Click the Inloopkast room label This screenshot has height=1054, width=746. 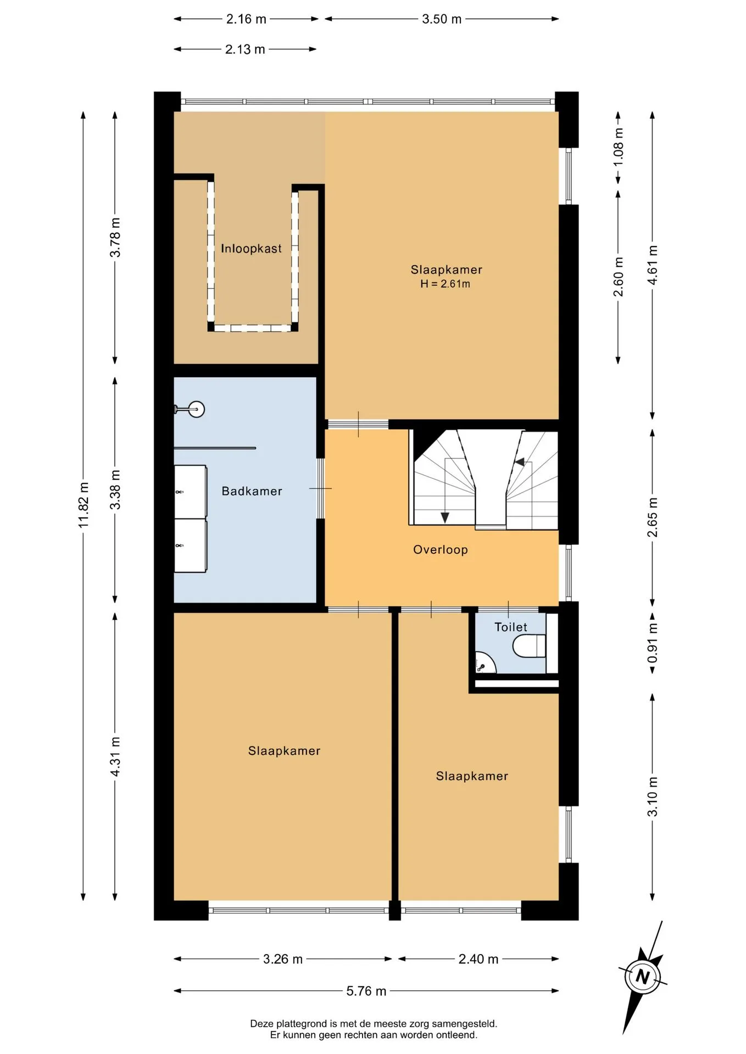(x=251, y=249)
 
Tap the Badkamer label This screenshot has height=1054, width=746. (x=252, y=491)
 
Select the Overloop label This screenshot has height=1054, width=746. (x=441, y=550)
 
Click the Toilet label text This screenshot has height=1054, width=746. (x=511, y=627)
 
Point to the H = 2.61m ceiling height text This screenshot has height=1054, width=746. (x=446, y=284)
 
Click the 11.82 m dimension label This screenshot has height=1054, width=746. (x=83, y=505)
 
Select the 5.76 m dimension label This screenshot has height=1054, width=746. (x=366, y=991)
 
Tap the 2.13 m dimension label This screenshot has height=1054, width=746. (x=245, y=49)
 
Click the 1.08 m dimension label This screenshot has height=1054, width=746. (x=619, y=147)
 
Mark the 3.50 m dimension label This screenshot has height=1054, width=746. (x=442, y=19)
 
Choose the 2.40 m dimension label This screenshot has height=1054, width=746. (x=478, y=959)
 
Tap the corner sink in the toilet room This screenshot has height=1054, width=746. (x=484, y=663)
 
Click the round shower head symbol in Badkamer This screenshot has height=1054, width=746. (x=196, y=409)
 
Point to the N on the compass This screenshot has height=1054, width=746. (x=642, y=977)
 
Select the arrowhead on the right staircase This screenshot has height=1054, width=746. (x=519, y=462)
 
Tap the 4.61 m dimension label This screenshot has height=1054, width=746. (x=652, y=265)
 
